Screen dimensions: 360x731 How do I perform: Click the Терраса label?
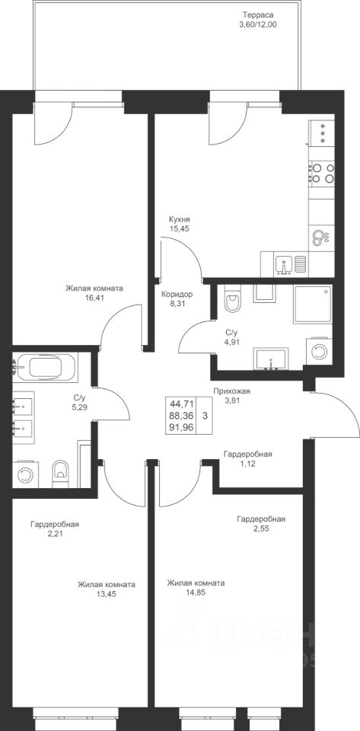[x=257, y=14]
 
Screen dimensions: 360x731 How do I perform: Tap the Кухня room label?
[x=180, y=220]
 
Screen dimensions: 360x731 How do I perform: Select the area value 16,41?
[x=94, y=296]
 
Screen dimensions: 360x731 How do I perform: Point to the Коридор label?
[x=177, y=295]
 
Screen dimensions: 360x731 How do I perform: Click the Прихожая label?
[x=231, y=391]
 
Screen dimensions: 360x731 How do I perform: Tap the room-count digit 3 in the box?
[x=204, y=414]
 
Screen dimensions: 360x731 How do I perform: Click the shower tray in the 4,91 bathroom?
[x=313, y=304]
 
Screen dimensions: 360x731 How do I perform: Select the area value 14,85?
[x=196, y=592]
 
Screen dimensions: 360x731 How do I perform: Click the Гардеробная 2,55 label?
[x=261, y=523]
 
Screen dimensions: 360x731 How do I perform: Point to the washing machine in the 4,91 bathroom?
[x=320, y=351]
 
